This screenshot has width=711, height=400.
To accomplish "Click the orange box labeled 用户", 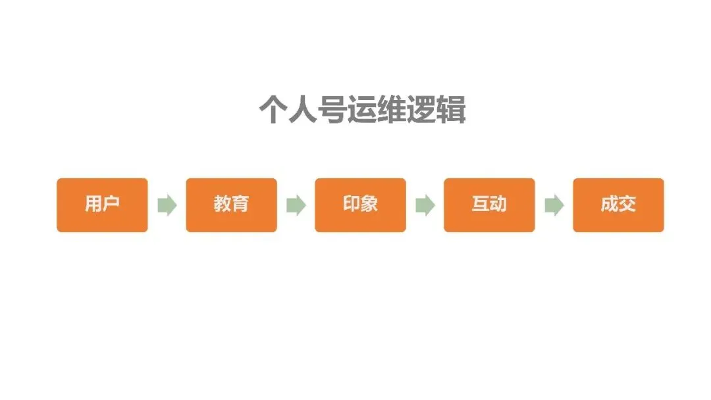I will pyautogui.click(x=102, y=205).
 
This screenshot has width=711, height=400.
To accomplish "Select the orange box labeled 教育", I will pyautogui.click(x=231, y=205).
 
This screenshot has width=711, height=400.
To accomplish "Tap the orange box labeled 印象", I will pyautogui.click(x=360, y=205).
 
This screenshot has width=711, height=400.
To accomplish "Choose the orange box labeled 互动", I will pyautogui.click(x=489, y=205).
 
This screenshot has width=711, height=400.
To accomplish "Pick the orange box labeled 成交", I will pyautogui.click(x=618, y=205).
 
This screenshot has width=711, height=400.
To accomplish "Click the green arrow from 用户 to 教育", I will pyautogui.click(x=167, y=205).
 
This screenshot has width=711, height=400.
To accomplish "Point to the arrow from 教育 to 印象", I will pyautogui.click(x=296, y=205).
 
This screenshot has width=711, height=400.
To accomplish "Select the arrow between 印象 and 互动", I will pyautogui.click(x=425, y=205).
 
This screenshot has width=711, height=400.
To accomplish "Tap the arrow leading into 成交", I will pyautogui.click(x=554, y=205).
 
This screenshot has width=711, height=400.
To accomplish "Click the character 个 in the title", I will pyautogui.click(x=273, y=110).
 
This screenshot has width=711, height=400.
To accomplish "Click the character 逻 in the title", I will pyautogui.click(x=422, y=110).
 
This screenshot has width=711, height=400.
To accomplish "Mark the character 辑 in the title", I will pyautogui.click(x=452, y=110).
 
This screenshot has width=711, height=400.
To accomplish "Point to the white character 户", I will pyautogui.click(x=111, y=205).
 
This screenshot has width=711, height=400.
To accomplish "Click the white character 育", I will pyautogui.click(x=240, y=205).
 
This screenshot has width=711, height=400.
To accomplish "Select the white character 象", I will pyautogui.click(x=369, y=205).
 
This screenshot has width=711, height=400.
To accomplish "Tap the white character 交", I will pyautogui.click(x=627, y=205).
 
